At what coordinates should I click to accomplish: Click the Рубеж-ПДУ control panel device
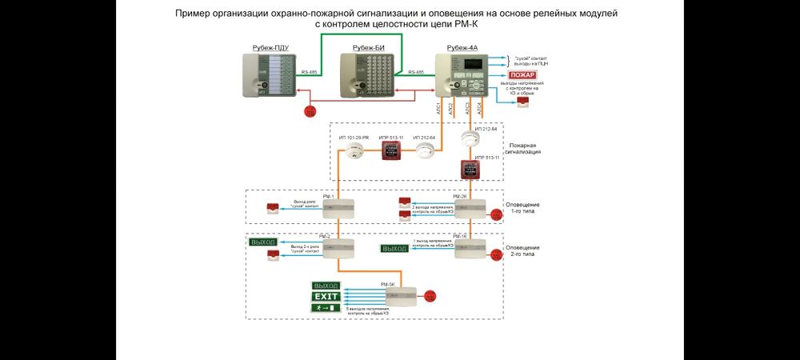pyautogui.click(x=272, y=78)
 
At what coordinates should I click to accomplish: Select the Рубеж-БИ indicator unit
pyautogui.click(x=369, y=78)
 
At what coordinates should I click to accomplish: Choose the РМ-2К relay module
pyautogui.click(x=469, y=208)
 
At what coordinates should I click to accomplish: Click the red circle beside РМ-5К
pyautogui.click(x=431, y=294)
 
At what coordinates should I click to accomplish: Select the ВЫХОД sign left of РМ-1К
pyautogui.click(x=394, y=249)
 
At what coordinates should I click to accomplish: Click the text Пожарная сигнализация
pyautogui.click(x=524, y=148)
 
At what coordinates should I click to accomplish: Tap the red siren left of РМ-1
pyautogui.click(x=274, y=208)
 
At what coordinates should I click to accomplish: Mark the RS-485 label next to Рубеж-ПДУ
pyautogui.click(x=310, y=72)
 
